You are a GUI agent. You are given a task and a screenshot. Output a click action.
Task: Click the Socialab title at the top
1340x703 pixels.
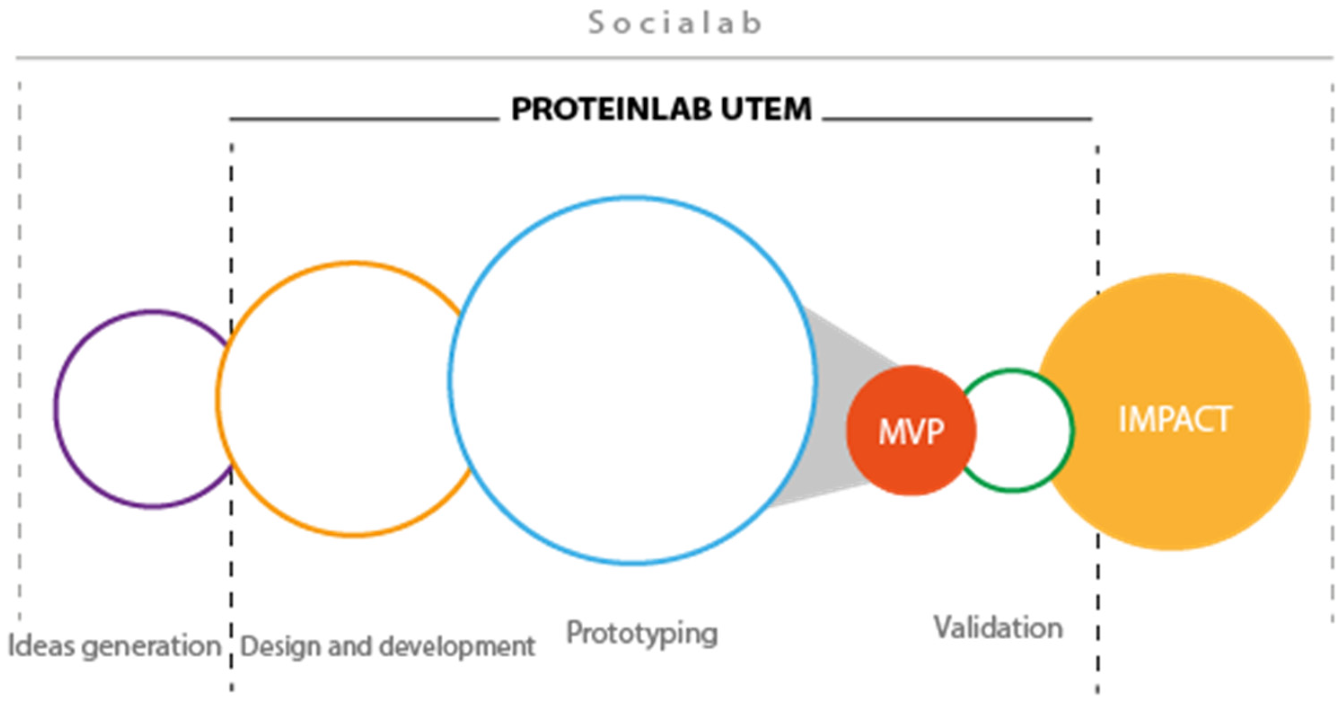675,23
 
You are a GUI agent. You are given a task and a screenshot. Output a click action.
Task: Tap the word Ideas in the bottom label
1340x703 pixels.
40,646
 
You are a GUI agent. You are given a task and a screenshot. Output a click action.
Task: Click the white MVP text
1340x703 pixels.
911,432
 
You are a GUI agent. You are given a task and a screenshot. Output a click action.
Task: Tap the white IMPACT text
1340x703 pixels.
1175,420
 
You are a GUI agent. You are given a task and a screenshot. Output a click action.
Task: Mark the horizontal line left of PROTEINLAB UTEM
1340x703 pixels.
364,119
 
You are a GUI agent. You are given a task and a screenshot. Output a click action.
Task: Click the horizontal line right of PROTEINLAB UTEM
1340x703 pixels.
957,119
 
